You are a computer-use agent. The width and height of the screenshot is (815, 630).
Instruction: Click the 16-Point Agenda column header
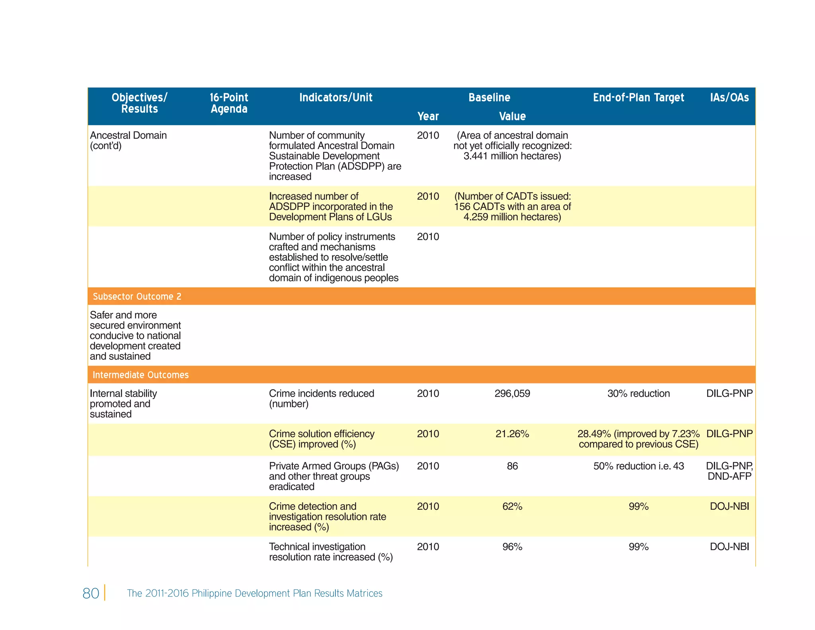(229, 103)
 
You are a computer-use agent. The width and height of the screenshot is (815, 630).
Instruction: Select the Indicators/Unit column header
(335, 98)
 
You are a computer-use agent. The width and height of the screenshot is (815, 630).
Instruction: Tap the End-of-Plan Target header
(638, 98)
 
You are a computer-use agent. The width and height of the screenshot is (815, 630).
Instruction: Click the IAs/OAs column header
(729, 98)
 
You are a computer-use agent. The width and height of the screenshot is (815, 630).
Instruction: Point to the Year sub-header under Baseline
(428, 116)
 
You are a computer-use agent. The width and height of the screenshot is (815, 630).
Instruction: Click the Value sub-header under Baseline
(512, 116)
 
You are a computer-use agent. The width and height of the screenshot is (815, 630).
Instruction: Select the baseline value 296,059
(512, 393)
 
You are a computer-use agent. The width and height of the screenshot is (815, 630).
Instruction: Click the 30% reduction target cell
(638, 393)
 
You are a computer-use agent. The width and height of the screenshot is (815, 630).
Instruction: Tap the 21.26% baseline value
(512, 434)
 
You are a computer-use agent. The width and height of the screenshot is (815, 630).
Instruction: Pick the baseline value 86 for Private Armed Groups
(512, 466)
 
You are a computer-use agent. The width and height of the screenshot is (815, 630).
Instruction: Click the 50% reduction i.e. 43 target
(638, 466)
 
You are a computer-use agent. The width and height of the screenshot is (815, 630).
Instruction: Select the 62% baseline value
(512, 506)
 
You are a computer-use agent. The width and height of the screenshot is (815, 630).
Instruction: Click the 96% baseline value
(512, 546)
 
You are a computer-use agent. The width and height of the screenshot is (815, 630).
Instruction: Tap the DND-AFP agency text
(729, 476)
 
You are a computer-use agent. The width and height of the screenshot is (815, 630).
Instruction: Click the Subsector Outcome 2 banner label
(137, 296)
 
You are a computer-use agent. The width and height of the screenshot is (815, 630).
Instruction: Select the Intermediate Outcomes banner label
(140, 375)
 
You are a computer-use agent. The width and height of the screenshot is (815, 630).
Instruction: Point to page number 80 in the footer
(91, 593)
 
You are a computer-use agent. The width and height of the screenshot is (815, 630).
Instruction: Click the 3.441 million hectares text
(512, 156)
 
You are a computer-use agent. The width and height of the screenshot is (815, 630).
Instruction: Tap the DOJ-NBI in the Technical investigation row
(729, 546)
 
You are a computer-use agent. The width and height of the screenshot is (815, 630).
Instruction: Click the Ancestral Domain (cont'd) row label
(128, 141)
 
